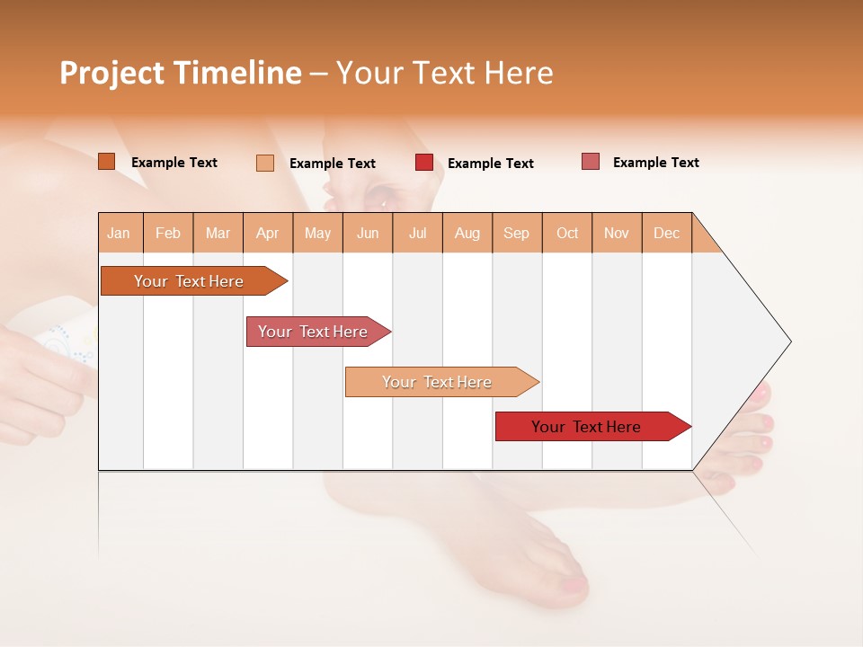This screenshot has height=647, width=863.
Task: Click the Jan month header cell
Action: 119,233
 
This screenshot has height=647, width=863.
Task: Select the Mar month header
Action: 218,233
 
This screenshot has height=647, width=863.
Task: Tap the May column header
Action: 317,233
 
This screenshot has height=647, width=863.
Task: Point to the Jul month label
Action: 417,233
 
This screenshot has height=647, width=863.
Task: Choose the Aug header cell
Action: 467,233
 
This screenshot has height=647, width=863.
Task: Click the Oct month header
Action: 566,233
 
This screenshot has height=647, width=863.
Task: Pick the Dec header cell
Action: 666,233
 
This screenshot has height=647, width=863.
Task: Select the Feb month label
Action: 168,233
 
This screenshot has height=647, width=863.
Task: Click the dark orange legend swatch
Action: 107,162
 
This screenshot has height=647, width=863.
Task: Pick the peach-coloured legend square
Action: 265,163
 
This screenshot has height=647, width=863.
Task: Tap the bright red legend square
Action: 424,163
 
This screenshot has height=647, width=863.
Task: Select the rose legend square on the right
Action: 591,162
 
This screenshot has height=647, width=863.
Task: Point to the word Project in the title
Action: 112,73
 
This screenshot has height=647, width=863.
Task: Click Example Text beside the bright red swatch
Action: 490,164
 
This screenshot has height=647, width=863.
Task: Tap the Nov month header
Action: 617,233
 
